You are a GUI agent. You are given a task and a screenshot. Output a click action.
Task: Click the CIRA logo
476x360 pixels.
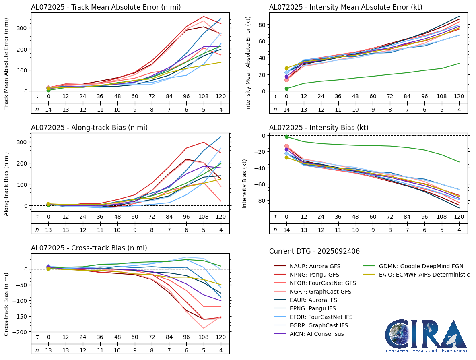point(427,336)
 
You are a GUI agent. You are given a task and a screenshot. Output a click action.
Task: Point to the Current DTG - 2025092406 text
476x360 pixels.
point(314,251)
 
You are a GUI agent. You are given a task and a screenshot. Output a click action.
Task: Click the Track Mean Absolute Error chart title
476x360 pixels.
point(106,7)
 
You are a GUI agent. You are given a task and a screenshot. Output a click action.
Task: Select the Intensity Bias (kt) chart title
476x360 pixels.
point(319,128)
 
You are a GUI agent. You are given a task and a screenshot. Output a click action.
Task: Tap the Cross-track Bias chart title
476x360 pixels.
point(89,248)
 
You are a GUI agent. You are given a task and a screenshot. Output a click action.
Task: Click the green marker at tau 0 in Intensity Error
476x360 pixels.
point(286,89)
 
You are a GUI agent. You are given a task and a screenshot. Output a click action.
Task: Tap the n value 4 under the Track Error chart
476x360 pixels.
point(220,109)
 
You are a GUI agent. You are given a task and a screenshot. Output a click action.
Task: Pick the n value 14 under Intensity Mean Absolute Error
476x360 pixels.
point(286,109)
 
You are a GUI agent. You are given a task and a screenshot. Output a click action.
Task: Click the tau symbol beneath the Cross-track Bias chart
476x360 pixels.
point(37,337)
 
